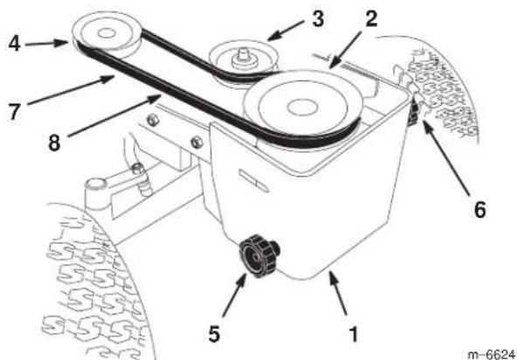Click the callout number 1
point(353,335)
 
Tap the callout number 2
point(371,19)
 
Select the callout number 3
point(318,19)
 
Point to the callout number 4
point(14,44)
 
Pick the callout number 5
point(214,334)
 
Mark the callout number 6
point(480,210)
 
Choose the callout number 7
point(14,112)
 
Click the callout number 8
point(54,142)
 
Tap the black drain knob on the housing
point(259,255)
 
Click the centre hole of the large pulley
point(298,107)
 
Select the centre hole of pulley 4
point(106,32)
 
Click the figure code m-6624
point(491,354)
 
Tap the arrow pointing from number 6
point(446,157)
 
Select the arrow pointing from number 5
point(234,294)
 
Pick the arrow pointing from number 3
point(286,31)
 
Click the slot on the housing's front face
point(253,181)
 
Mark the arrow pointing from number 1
point(338,293)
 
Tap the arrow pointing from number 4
point(47,44)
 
